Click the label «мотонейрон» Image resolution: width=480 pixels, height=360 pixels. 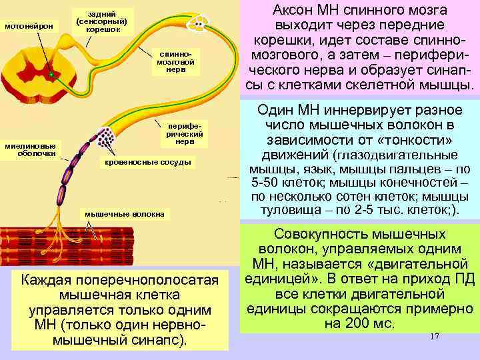pyautogui.click(x=29, y=26)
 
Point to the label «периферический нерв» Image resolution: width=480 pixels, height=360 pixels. pyautogui.click(x=182, y=132)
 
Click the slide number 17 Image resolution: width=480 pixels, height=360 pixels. pyautogui.click(x=435, y=337)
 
